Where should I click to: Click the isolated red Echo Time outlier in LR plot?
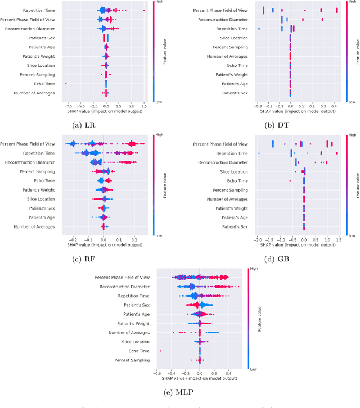(66, 84)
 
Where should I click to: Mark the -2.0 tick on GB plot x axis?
(256, 238)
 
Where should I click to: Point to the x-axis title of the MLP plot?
(200, 379)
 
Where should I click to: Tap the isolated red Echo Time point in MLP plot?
(161, 351)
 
